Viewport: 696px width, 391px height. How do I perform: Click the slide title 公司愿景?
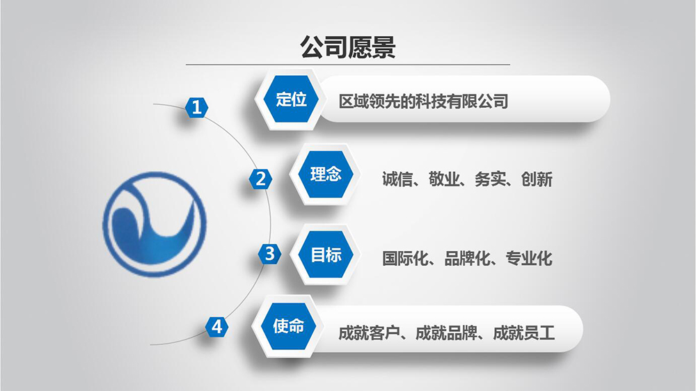(347, 47)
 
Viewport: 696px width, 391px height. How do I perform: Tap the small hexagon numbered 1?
(197, 107)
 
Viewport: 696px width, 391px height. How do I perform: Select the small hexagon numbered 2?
(260, 179)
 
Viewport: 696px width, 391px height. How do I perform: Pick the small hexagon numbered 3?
(270, 254)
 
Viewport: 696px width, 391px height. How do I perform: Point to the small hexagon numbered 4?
(216, 327)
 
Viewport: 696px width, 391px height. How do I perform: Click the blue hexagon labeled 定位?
(291, 99)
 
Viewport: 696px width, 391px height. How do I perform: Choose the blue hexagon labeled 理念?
(326, 174)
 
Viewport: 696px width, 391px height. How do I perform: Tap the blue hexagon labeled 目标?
(326, 255)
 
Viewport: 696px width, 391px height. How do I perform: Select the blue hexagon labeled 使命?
(289, 326)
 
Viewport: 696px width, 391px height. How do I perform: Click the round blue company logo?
(155, 224)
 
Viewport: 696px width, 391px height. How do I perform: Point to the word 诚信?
(397, 179)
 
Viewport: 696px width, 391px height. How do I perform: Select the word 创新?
(537, 179)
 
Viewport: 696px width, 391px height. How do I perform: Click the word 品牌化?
(467, 258)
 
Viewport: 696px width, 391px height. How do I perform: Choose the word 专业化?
(529, 258)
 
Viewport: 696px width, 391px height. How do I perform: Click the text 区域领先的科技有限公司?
(423, 102)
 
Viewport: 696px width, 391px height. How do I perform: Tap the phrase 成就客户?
(370, 333)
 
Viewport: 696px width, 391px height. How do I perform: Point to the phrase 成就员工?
(524, 333)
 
